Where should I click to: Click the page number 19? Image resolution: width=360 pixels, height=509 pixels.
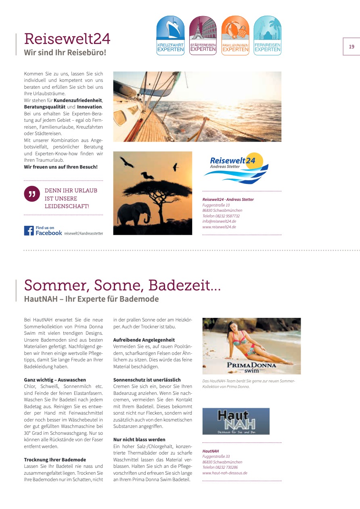pyautogui.click(x=352, y=47)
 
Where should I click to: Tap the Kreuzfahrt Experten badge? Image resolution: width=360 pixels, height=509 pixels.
pyautogui.click(x=170, y=35)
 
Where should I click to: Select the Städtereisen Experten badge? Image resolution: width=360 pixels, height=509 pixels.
pyautogui.click(x=203, y=35)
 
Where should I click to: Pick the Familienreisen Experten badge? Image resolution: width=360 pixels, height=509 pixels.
pyautogui.click(x=235, y=35)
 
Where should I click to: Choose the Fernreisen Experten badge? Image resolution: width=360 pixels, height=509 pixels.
pyautogui.click(x=268, y=35)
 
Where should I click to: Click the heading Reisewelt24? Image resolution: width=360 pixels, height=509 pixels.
pyautogui.click(x=67, y=39)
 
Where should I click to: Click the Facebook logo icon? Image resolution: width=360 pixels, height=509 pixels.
pyautogui.click(x=29, y=231)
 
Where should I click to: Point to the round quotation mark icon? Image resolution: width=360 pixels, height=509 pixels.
pyautogui.click(x=31, y=194)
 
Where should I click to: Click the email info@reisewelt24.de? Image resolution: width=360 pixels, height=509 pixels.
pyautogui.click(x=219, y=221)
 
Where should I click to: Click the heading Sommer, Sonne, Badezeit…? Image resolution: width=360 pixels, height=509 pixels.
pyautogui.click(x=122, y=285)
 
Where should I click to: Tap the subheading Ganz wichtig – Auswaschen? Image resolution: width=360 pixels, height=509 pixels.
pyautogui.click(x=55, y=380)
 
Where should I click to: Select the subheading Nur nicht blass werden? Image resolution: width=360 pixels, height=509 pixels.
pyautogui.click(x=139, y=440)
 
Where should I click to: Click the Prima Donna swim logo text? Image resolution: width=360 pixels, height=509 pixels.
pyautogui.click(x=251, y=367)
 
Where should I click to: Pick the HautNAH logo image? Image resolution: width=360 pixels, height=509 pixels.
pyautogui.click(x=236, y=421)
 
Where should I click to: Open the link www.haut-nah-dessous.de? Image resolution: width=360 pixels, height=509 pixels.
pyautogui.click(x=224, y=473)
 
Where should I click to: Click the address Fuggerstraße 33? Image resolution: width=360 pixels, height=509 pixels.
pyautogui.click(x=216, y=457)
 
